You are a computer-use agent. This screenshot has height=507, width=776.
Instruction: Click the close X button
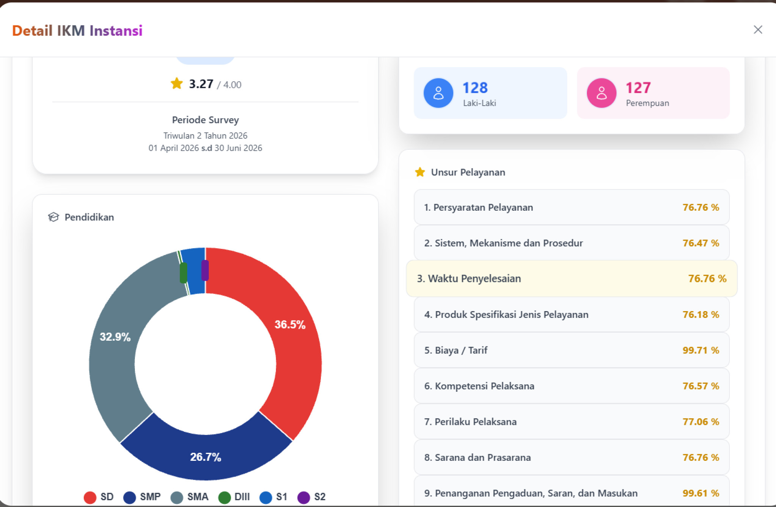click(758, 30)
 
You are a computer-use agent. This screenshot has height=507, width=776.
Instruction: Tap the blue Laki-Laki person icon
click(438, 93)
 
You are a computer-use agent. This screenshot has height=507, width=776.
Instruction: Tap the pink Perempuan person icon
click(602, 93)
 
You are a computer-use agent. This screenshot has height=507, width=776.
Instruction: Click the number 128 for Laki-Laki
click(475, 88)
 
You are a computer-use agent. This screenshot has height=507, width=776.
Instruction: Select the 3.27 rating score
click(201, 84)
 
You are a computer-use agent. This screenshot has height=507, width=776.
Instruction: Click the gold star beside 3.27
click(177, 83)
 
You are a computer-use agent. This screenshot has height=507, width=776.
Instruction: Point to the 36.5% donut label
click(290, 324)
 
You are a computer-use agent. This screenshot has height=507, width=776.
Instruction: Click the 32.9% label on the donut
click(115, 337)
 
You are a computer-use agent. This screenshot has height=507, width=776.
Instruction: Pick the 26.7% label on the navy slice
click(205, 457)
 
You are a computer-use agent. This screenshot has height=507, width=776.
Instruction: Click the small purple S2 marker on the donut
click(205, 270)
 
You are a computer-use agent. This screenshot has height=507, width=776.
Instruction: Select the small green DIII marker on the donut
click(183, 273)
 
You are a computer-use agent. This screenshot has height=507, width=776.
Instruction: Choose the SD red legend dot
click(90, 497)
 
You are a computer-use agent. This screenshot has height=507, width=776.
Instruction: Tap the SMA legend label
click(198, 497)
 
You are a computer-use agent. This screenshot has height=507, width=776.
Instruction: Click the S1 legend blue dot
click(266, 497)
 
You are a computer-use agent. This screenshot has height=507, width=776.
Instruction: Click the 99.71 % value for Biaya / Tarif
click(701, 350)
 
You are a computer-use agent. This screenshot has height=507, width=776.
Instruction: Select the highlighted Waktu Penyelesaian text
click(474, 279)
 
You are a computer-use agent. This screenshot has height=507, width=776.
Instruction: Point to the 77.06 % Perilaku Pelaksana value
click(701, 422)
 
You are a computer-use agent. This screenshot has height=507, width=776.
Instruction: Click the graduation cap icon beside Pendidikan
click(53, 217)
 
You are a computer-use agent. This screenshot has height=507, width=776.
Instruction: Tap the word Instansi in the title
click(116, 31)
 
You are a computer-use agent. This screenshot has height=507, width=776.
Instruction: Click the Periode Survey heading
click(205, 120)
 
